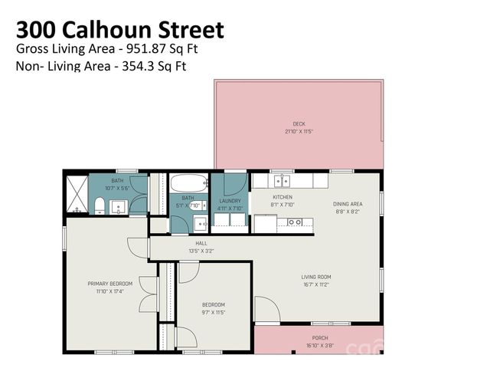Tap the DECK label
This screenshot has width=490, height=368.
(x=299, y=123)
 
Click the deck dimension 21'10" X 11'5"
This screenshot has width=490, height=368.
(x=299, y=131)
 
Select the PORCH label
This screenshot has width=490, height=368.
(x=320, y=337)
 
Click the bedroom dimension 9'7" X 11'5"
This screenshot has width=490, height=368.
(x=213, y=311)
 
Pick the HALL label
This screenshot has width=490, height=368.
(x=201, y=243)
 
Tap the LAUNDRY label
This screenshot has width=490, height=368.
(x=230, y=201)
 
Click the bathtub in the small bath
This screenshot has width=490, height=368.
(x=188, y=184)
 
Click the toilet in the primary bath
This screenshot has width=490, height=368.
(x=100, y=205)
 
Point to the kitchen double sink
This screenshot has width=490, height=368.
(x=282, y=181)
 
